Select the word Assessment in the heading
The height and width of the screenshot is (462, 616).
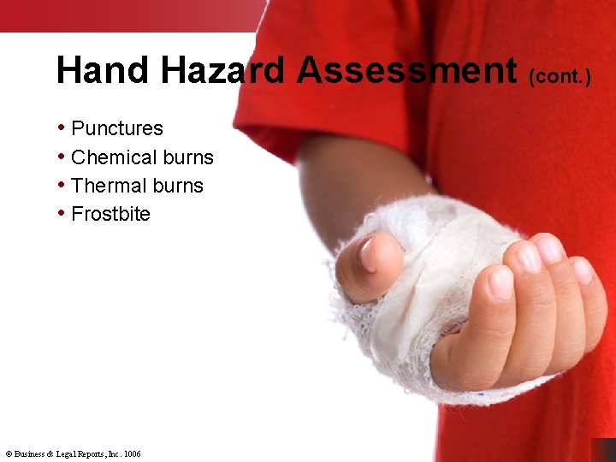click(407, 70)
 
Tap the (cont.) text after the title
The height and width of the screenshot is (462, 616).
click(560, 77)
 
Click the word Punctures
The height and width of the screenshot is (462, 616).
click(117, 129)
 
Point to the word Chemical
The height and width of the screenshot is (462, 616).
click(107, 157)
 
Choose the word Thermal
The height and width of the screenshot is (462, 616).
click(104, 186)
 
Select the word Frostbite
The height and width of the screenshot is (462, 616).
click(110, 214)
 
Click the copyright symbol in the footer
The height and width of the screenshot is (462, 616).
click(8, 453)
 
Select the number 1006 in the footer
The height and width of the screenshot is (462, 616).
click(132, 453)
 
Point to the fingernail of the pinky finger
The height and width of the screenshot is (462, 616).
click(583, 271)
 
